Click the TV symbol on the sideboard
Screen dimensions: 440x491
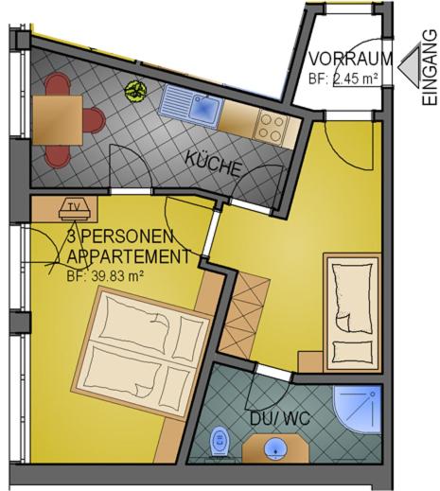[76, 209]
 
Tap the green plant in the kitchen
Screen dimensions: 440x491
[135, 91]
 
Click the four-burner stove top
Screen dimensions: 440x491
[273, 127]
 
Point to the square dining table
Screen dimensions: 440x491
[58, 120]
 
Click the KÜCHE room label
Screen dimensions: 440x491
[214, 164]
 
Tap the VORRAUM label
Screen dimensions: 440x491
[350, 59]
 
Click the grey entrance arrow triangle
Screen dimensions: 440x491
[412, 67]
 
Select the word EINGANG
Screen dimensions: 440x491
[431, 67]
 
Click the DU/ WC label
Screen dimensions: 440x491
[280, 418]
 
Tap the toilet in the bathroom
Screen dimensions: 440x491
[220, 441]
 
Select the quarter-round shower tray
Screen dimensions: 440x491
[358, 409]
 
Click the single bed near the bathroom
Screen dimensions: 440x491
[353, 313]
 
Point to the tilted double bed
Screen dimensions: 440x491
[141, 353]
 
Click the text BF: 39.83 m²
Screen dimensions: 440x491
[105, 276]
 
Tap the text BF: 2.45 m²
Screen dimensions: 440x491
[343, 79]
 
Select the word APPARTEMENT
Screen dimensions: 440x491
[129, 256]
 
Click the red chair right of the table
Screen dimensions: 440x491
[94, 121]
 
